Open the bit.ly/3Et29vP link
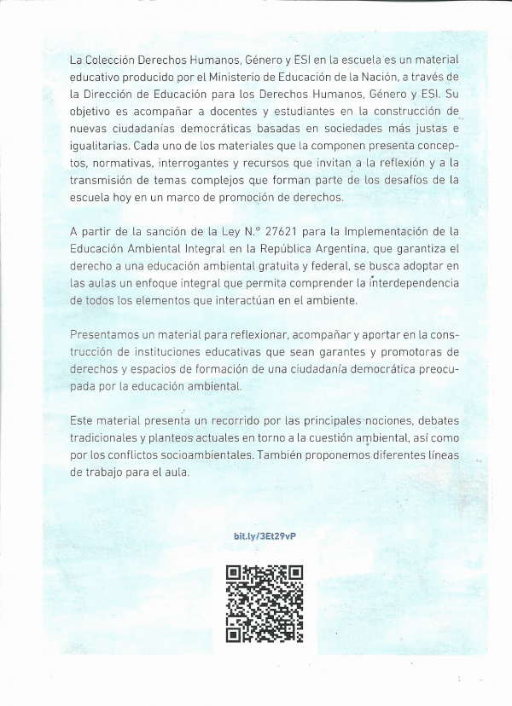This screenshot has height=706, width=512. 265,535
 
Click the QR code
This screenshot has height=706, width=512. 265,604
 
